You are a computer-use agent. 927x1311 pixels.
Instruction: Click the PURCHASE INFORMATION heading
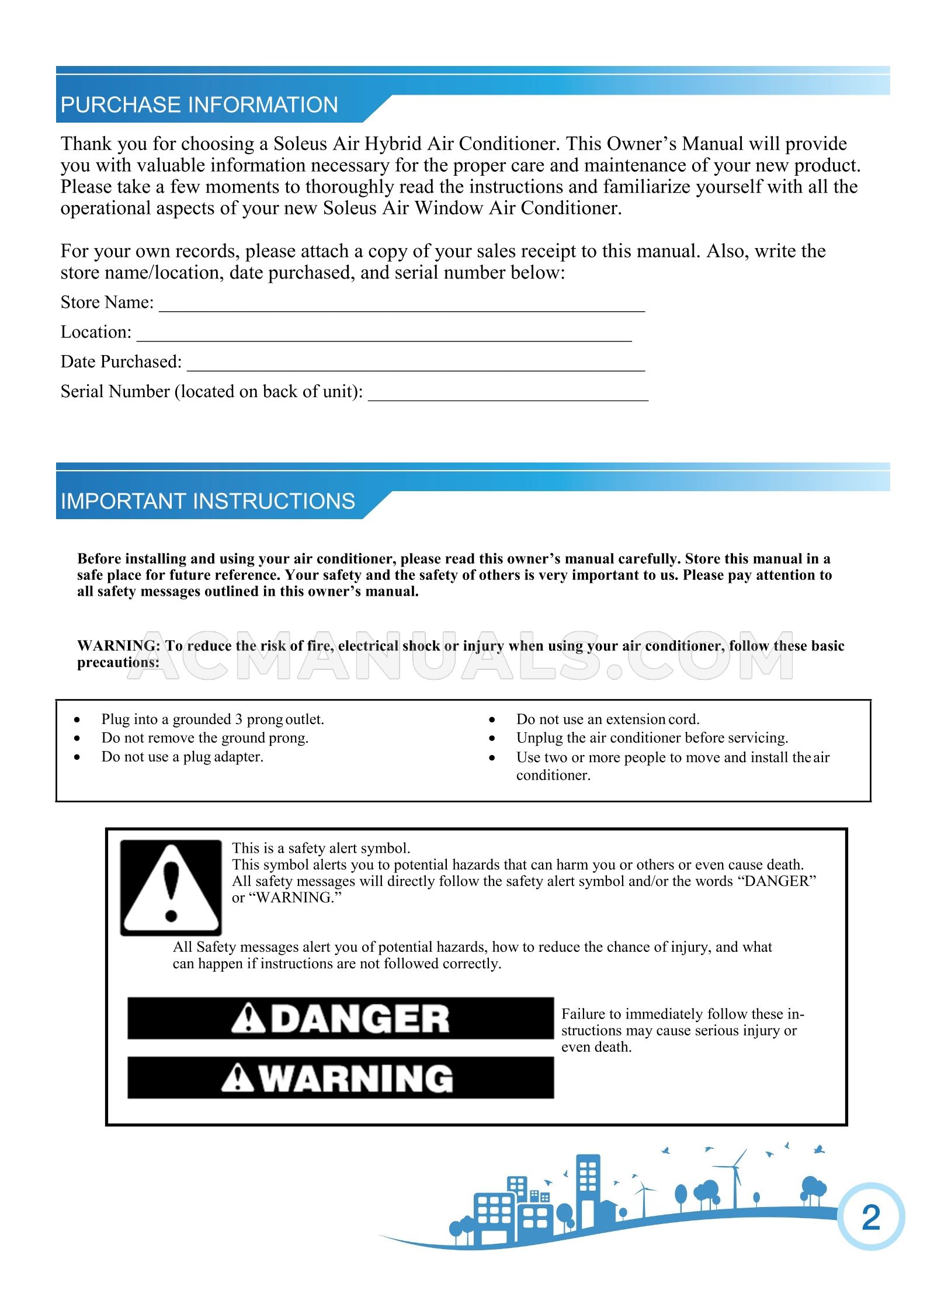199,105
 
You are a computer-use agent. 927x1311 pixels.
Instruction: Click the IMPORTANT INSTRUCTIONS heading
208,501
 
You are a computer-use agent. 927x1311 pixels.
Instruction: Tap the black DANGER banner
340,1018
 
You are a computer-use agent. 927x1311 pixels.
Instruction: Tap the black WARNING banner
340,1077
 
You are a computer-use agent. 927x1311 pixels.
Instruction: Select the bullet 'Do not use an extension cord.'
607,719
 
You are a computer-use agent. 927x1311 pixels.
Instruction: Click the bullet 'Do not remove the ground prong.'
204,738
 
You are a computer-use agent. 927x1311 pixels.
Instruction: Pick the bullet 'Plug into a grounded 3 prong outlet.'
213,719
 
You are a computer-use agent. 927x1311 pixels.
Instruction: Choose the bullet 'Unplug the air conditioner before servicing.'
652,738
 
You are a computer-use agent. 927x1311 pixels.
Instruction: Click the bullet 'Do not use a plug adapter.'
182,756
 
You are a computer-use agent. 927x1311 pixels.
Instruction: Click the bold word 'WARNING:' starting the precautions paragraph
119,646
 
